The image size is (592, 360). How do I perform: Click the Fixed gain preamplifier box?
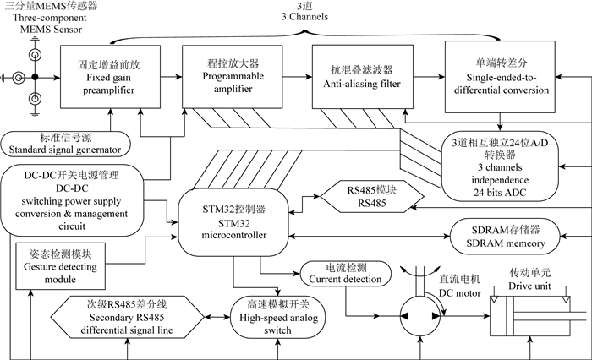click(x=105, y=78)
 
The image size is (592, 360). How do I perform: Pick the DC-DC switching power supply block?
click(x=65, y=201)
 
